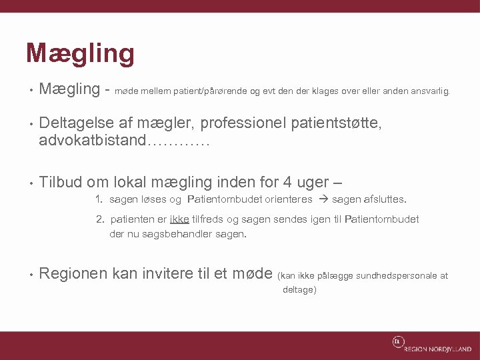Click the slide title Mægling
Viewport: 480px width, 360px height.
80,53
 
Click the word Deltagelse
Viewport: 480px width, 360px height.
77,122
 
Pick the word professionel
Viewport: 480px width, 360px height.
241,122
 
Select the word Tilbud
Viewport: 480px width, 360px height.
61,182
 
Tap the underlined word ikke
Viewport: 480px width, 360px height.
179,219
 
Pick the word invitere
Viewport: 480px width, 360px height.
163,273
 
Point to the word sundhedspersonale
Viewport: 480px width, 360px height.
392,275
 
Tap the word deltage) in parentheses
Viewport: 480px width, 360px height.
299,290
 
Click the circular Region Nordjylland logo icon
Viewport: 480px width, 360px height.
398,343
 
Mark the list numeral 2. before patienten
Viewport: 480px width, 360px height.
101,219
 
